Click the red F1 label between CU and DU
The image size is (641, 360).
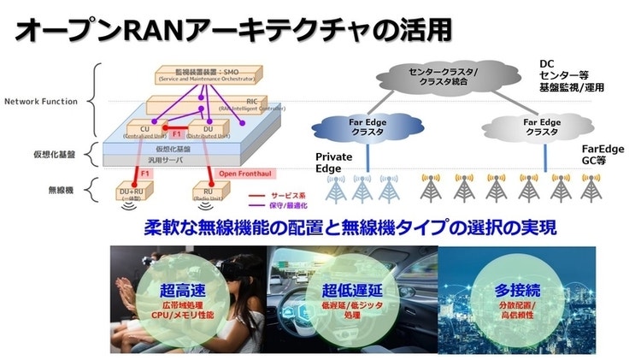[x=176, y=134]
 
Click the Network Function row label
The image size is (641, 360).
[x=41, y=101]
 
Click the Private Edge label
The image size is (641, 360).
[x=333, y=162]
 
